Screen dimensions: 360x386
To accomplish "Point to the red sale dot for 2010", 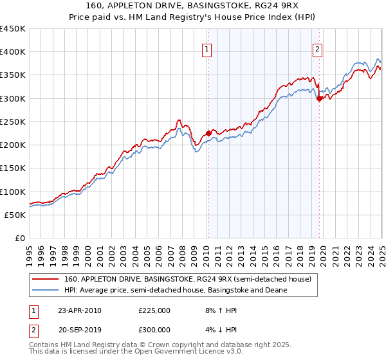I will click(x=208, y=133).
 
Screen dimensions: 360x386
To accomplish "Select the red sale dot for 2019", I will click(x=319, y=98).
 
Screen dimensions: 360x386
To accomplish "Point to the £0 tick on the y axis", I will click(x=19, y=239).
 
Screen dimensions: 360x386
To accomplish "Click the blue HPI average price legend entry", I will click(x=175, y=290).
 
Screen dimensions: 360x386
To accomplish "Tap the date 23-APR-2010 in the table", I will click(x=80, y=310).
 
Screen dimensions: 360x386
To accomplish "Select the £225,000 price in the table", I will click(x=154, y=310).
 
